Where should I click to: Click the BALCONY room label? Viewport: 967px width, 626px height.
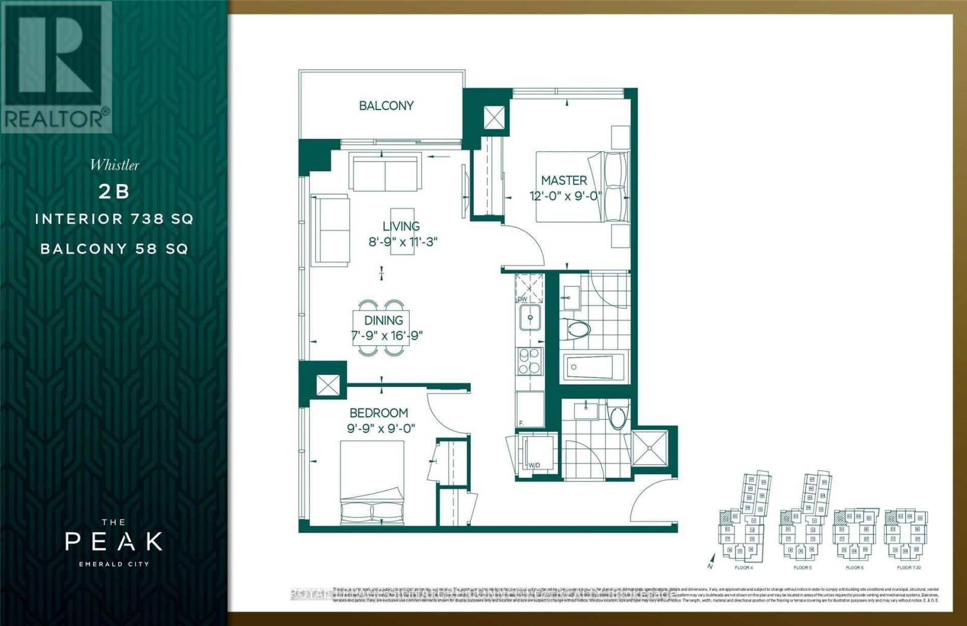pos(386,106)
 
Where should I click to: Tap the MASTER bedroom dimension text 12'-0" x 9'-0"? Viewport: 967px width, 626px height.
pos(564,196)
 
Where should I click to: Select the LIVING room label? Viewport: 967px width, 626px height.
pos(401,226)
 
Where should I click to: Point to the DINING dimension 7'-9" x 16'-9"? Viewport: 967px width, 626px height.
pos(387,335)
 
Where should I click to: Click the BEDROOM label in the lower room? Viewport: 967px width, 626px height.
pos(378,413)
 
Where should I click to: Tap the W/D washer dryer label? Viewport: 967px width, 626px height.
pos(534,466)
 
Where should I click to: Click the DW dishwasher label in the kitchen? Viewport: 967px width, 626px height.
pos(522,299)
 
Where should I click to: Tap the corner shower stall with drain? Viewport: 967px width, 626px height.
pos(650,448)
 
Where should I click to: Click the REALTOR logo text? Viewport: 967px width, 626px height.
pos(56,119)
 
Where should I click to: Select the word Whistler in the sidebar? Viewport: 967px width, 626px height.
pos(114,165)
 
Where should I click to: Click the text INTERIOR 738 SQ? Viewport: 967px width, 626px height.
pos(114,219)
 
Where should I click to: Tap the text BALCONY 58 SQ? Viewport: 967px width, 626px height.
pos(114,249)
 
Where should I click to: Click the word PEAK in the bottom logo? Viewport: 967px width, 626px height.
pos(114,541)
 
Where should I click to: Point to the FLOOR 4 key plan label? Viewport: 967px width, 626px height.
pos(743,568)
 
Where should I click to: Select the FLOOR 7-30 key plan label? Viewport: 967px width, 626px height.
pos(909,568)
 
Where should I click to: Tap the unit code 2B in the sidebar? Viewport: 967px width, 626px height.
pos(114,191)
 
